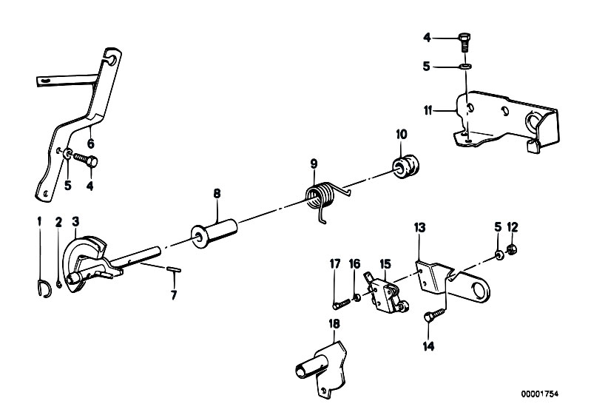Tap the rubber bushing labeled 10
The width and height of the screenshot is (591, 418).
tap(405, 167)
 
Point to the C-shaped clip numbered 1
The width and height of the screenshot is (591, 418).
tap(45, 289)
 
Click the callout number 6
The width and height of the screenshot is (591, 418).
tap(90, 144)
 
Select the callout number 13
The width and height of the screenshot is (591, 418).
tap(419, 228)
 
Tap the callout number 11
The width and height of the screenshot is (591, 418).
tap(428, 111)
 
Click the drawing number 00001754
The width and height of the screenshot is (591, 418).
tap(540, 394)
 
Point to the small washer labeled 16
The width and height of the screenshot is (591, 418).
tap(356, 298)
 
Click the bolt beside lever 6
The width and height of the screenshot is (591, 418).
tap(85, 159)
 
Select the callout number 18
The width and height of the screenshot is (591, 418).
tap(334, 324)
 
